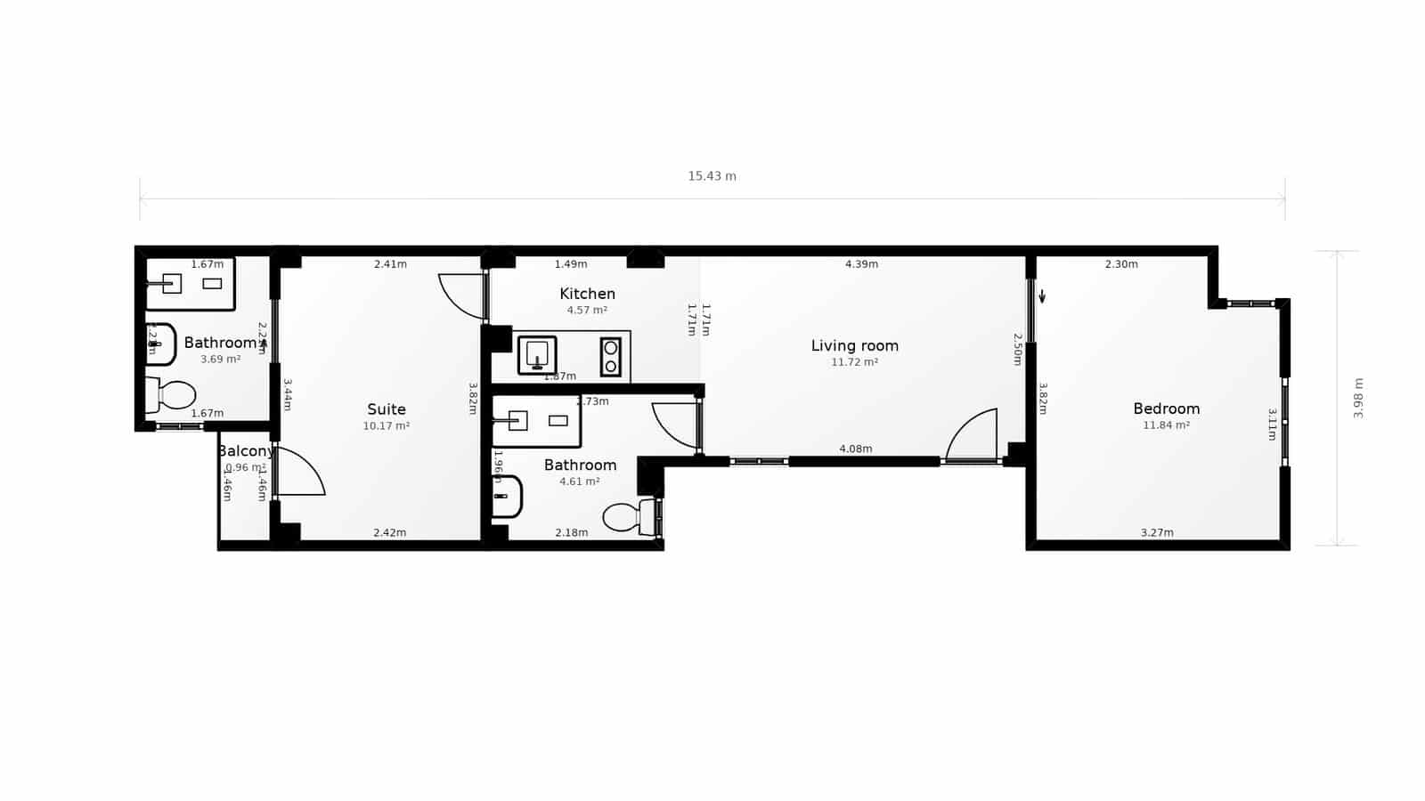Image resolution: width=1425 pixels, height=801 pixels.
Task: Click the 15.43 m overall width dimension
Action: pos(712,176)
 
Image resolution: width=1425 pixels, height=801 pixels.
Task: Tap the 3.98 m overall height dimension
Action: pos(1358,398)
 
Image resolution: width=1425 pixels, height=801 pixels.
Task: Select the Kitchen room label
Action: pos(587,294)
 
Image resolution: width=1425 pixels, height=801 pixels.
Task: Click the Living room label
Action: pos(854,345)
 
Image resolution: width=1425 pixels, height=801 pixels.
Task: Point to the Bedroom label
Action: pos(1166,409)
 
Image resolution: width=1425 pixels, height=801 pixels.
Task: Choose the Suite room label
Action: pos(387,409)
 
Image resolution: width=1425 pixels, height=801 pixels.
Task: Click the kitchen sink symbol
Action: pos(537,355)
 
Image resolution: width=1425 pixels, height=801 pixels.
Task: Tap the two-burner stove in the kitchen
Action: pos(611,356)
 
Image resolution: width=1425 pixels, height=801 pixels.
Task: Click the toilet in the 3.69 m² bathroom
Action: pos(172,395)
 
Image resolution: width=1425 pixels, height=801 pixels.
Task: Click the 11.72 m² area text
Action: pos(854,362)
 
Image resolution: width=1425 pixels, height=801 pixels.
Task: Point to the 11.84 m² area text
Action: pos(1166,425)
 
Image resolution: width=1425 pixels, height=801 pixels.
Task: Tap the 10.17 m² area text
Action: pos(387,426)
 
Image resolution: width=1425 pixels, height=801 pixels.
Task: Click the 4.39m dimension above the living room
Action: pos(861,264)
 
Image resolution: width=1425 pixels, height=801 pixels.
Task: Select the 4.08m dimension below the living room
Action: pos(856,449)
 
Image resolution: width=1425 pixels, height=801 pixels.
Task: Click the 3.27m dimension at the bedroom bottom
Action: pos(1157,533)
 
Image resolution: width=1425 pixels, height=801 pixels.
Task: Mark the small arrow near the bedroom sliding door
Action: pos(1042,296)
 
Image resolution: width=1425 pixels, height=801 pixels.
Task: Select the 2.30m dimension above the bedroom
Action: pos(1121,264)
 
